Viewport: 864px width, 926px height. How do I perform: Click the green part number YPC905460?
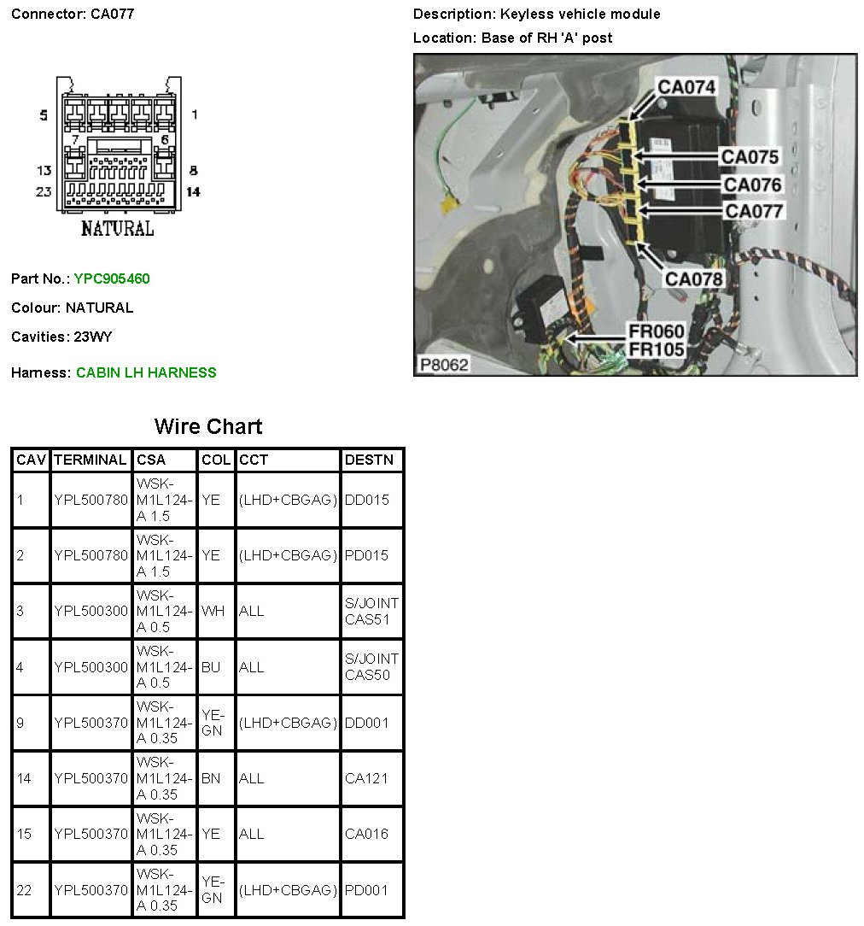click(x=112, y=278)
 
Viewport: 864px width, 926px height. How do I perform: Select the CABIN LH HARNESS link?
click(x=146, y=372)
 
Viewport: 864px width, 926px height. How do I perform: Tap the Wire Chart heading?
click(x=208, y=426)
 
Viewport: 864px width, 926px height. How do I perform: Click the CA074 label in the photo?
click(x=686, y=86)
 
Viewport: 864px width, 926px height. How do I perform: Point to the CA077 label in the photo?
click(x=754, y=210)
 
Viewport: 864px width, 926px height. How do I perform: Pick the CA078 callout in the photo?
click(x=694, y=278)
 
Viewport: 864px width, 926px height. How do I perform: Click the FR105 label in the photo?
click(x=657, y=349)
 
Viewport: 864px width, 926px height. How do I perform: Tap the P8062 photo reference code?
click(x=444, y=365)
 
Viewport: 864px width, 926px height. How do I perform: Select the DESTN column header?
click(x=369, y=460)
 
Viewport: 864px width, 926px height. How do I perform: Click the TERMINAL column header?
click(x=90, y=460)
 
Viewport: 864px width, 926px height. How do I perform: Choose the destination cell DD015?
click(x=366, y=500)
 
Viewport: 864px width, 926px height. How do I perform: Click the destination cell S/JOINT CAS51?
click(x=371, y=611)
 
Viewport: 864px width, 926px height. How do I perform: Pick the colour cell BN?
click(x=211, y=778)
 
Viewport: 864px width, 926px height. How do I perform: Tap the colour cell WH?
click(x=213, y=611)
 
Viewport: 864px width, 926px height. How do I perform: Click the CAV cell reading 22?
click(x=24, y=890)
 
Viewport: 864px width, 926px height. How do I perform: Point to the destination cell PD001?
click(x=366, y=890)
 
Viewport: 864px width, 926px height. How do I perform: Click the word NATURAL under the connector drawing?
click(x=117, y=229)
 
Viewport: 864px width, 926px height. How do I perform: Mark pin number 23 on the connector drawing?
click(x=44, y=191)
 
